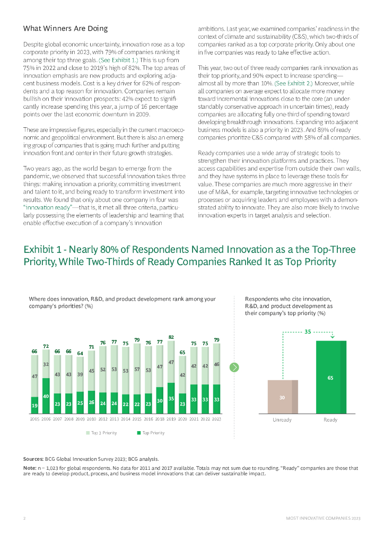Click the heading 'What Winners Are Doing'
coord(66,28)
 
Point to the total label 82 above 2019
coord(171,337)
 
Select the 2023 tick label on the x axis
coord(216,419)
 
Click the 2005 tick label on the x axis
coord(34,419)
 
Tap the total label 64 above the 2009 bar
coord(80,353)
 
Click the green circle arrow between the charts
coord(234,367)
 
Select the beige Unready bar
coord(282,396)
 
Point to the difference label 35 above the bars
coord(307,332)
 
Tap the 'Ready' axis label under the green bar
coord(330,419)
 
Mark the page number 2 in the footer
coord(24,518)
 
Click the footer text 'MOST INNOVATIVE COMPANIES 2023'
coord(322,518)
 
